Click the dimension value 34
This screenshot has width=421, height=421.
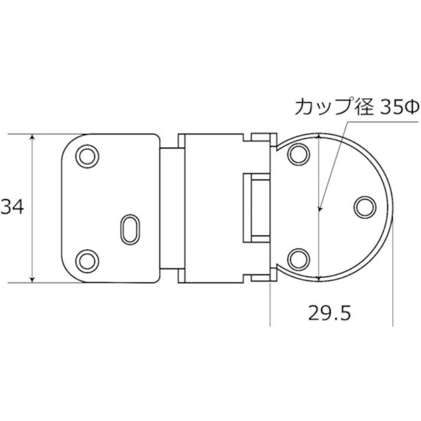[12, 207]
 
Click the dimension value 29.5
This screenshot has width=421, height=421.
[329, 312]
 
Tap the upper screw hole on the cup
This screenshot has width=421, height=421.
[298, 155]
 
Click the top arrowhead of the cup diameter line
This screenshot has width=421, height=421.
[319, 137]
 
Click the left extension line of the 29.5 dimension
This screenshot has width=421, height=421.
[270, 301]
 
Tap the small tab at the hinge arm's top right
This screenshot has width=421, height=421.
[260, 138]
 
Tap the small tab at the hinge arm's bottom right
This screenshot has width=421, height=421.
[260, 277]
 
